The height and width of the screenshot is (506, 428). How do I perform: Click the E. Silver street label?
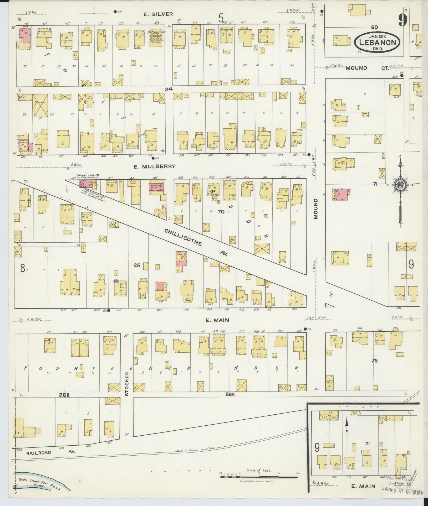(158, 14)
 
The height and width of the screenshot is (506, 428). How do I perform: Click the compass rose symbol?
(400, 185)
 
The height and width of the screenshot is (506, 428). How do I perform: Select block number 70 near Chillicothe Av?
(221, 211)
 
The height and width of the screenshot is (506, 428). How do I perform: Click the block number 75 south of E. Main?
(374, 361)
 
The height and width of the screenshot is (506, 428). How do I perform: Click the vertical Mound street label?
(316, 209)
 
